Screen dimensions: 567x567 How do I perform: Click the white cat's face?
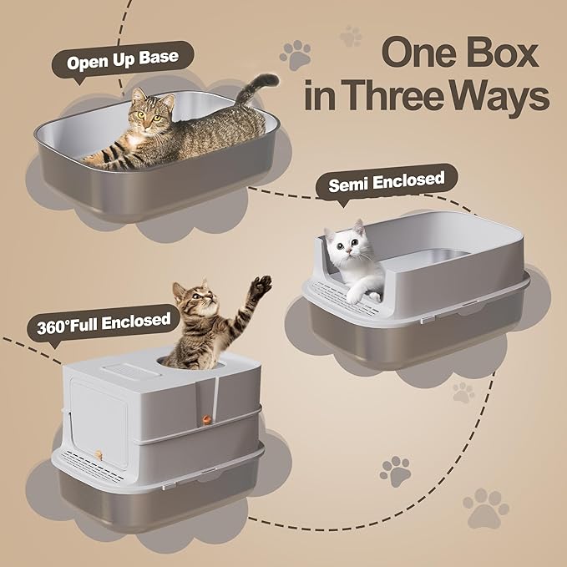[x=350, y=243]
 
